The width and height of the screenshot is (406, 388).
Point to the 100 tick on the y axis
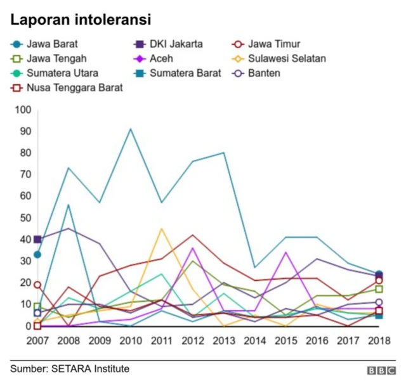click(22, 110)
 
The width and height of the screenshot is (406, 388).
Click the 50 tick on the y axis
click(25, 217)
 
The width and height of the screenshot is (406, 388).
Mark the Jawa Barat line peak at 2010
click(131, 129)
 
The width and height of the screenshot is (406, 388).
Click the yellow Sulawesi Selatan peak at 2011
click(162, 228)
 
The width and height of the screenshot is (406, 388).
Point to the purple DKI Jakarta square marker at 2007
click(37, 240)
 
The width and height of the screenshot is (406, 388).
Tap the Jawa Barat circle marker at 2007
click(37, 254)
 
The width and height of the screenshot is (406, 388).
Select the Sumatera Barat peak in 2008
click(69, 205)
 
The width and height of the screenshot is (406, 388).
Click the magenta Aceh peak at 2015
click(286, 252)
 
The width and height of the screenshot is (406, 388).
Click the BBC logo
click(381, 370)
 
